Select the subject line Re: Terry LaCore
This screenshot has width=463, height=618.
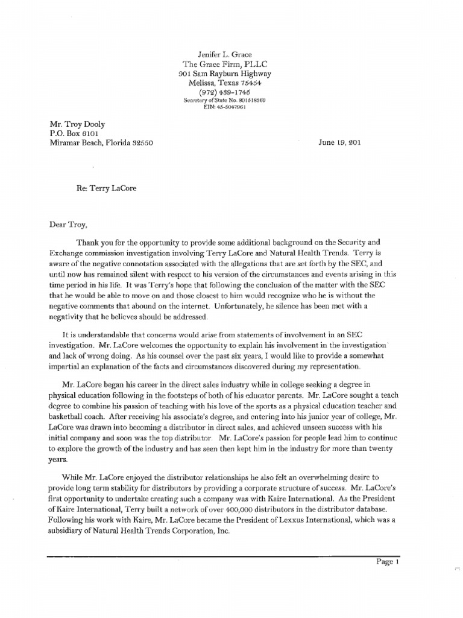click(106, 188)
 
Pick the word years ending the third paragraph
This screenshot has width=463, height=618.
click(59, 459)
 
